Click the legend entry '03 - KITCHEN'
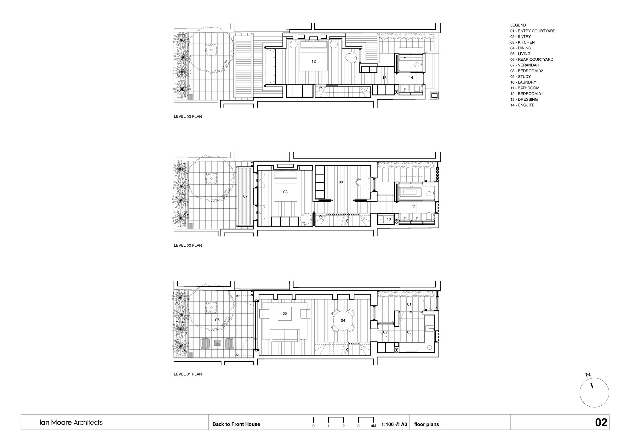[522, 42]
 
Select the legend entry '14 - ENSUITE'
[522, 105]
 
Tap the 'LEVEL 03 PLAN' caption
[188, 116]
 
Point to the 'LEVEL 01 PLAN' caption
[188, 374]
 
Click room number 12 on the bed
[313, 61]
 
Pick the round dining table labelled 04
[343, 320]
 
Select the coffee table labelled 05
[284, 313]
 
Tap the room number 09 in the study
[341, 182]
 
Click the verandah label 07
[245, 196]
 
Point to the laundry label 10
[389, 219]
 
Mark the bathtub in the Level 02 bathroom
[411, 192]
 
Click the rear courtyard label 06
[217, 320]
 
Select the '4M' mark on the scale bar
[373, 426]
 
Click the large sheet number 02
[601, 422]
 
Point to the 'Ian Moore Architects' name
[71, 422]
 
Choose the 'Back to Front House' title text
[236, 424]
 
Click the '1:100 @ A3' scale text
[394, 424]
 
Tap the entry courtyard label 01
[409, 304]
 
